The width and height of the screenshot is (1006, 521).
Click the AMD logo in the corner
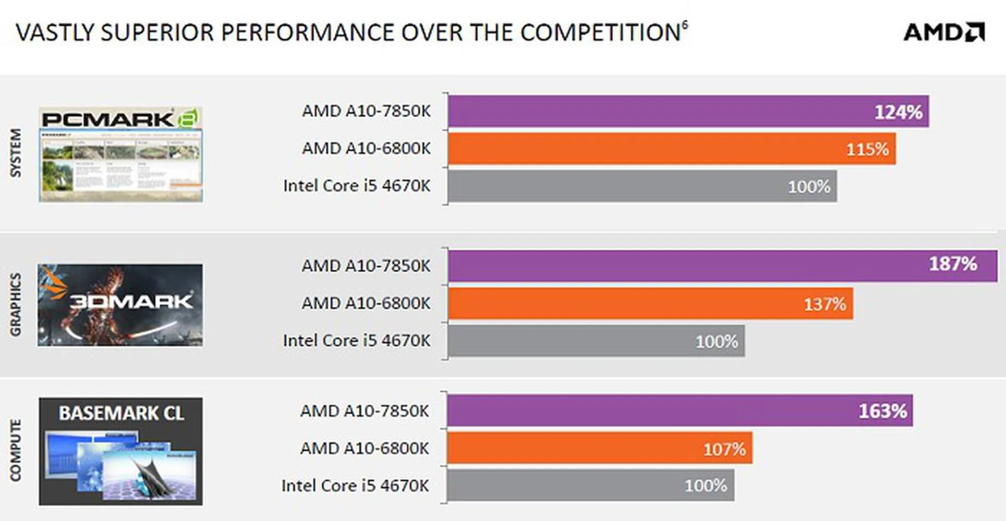point(944,32)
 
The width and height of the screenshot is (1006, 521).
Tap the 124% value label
point(898,112)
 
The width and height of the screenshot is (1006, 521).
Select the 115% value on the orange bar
point(867,150)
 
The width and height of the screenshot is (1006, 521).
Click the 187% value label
point(953,264)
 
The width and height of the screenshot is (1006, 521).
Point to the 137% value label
point(825,304)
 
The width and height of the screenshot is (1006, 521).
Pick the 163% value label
point(882,412)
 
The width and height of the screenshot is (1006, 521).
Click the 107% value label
point(724,449)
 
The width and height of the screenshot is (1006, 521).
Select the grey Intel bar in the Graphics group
point(596,341)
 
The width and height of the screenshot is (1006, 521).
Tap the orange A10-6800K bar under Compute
point(599,448)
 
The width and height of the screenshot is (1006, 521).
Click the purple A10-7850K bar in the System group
point(688,112)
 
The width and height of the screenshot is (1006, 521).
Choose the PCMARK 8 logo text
point(120,119)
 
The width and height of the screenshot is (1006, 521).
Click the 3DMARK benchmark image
point(120,305)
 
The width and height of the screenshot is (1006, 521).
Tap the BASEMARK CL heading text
point(121,413)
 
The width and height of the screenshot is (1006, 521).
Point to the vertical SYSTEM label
point(16,153)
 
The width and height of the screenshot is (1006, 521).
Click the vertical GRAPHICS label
point(16,304)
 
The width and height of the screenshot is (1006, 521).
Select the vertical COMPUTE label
point(16,450)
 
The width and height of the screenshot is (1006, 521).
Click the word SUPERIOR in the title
point(157,32)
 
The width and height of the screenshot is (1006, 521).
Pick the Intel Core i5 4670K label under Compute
point(355,486)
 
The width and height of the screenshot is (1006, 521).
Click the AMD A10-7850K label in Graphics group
point(366,266)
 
